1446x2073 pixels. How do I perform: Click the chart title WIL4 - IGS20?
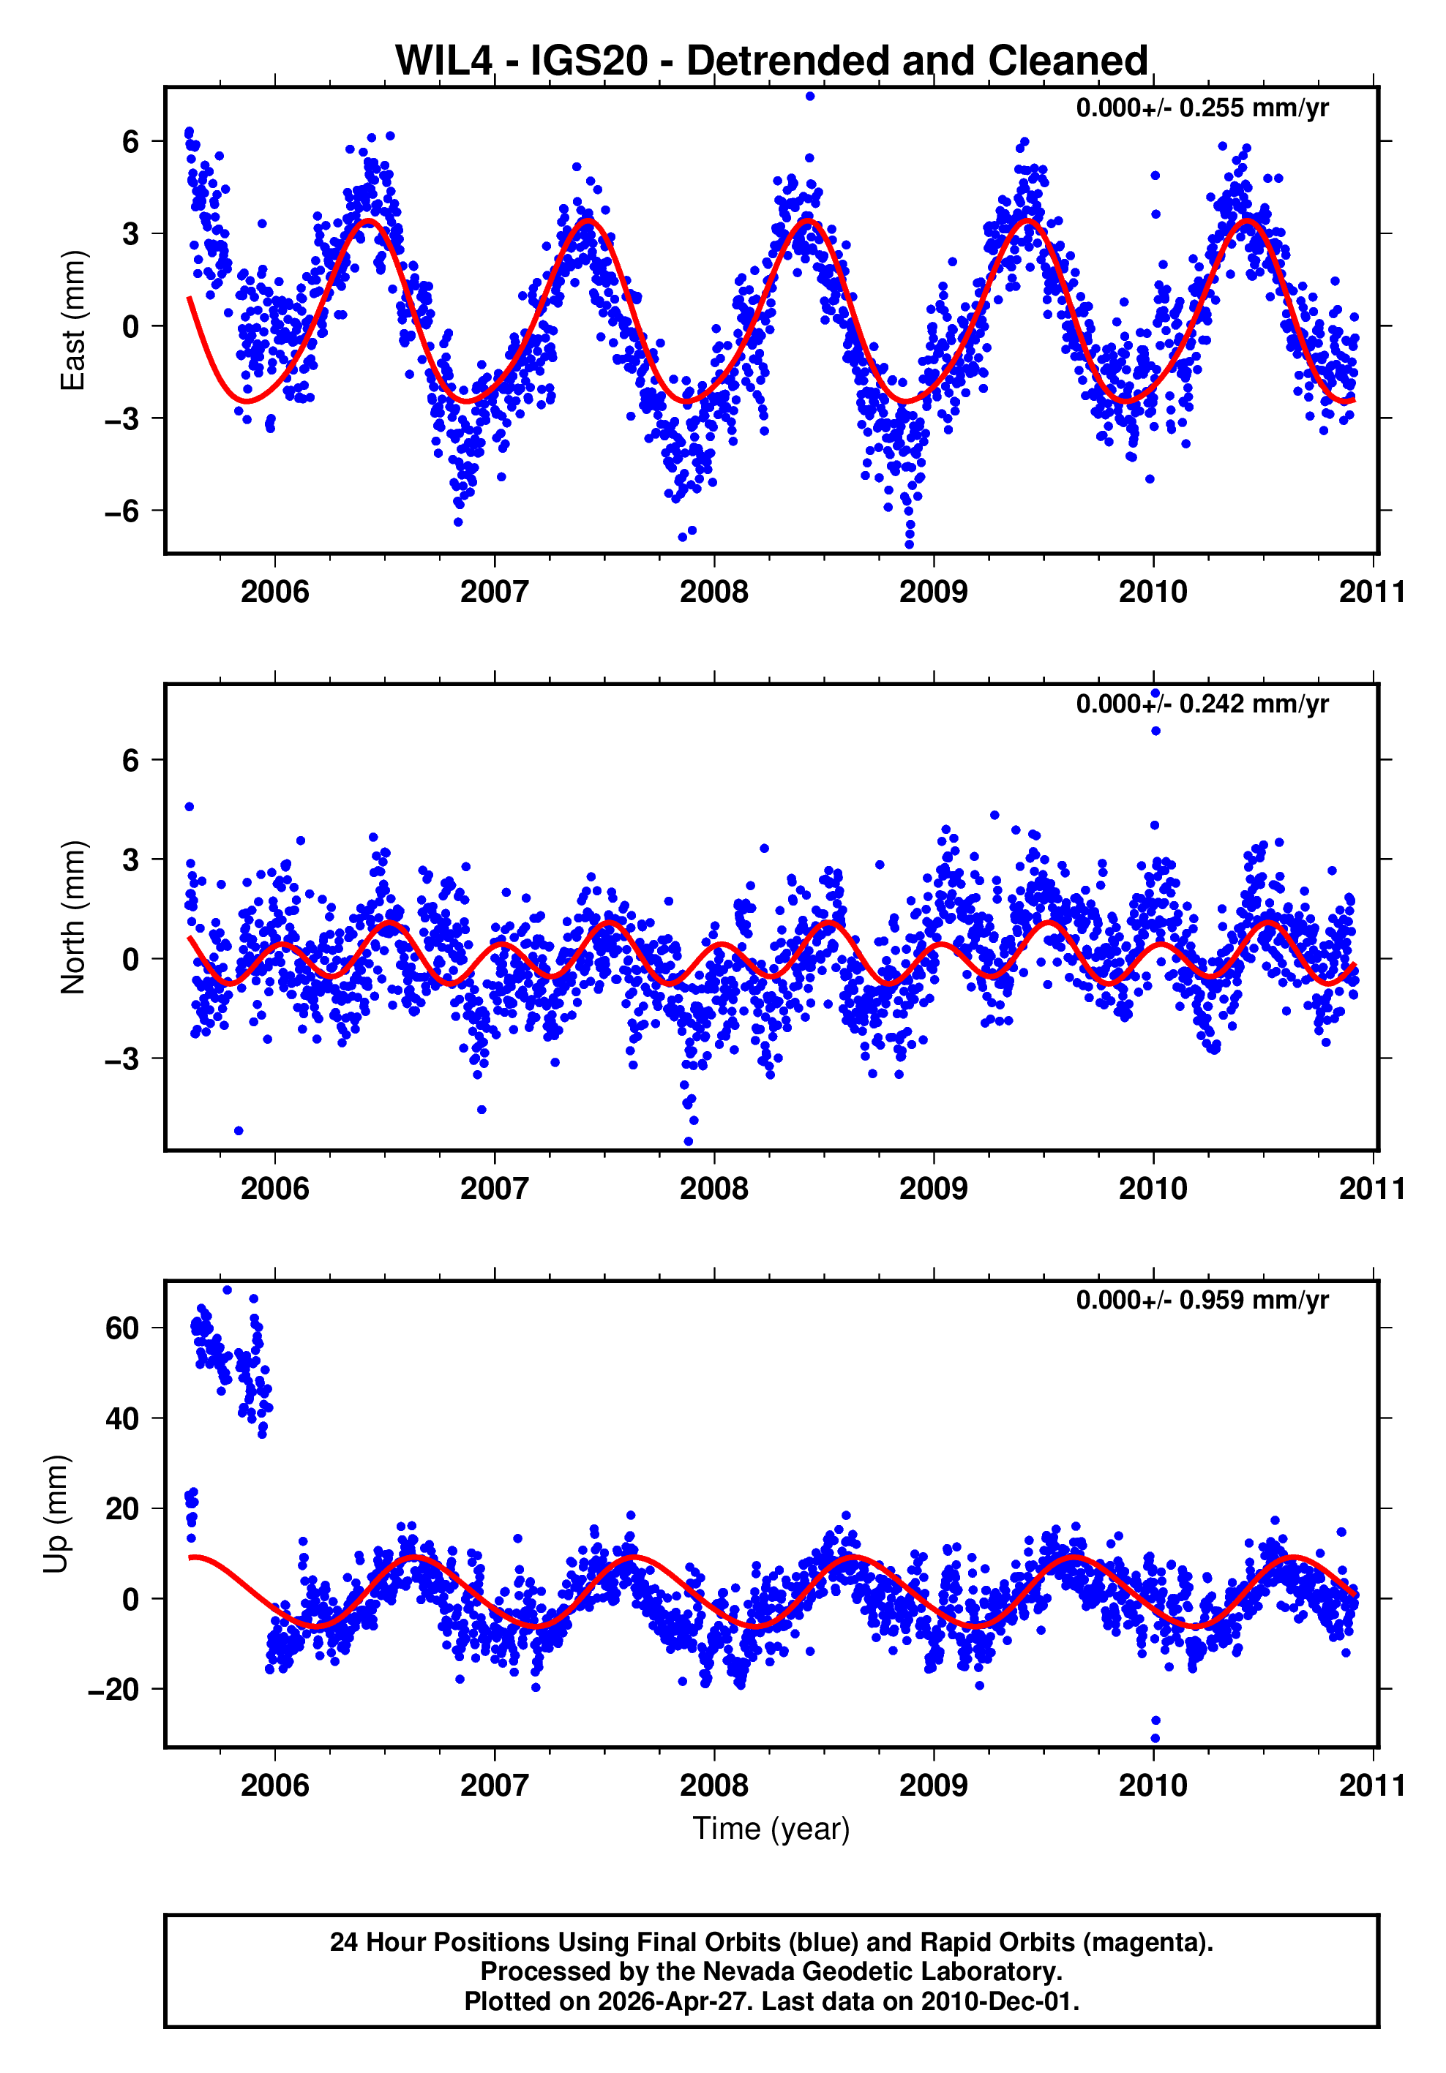(x=771, y=61)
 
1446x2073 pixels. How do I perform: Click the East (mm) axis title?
(x=72, y=320)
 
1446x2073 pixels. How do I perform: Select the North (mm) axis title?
(x=72, y=917)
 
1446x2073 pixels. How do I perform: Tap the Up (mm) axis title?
(x=56, y=1513)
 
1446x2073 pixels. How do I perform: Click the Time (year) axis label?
(x=771, y=1827)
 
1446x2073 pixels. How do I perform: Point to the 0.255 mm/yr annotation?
(x=1202, y=108)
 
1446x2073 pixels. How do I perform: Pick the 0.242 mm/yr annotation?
(x=1202, y=704)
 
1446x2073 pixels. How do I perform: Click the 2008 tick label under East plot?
(x=713, y=592)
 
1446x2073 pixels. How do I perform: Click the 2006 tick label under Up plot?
(x=274, y=1785)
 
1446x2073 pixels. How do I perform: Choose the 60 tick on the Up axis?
(x=122, y=1328)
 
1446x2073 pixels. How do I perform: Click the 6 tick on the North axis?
(x=131, y=760)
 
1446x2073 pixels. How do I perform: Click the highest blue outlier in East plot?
(x=810, y=96)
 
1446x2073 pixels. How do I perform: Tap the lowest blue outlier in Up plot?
(x=1154, y=1738)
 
